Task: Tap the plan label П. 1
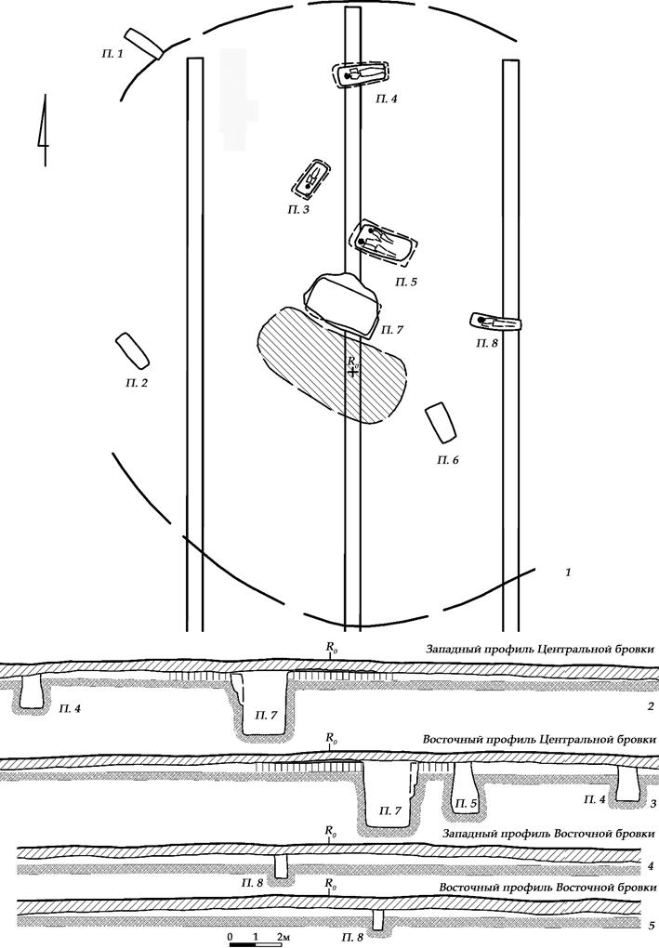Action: (112, 55)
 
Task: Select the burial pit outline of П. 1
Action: (144, 43)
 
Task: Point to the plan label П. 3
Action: (298, 210)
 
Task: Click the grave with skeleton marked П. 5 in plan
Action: (382, 244)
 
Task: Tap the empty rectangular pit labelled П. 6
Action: (440, 423)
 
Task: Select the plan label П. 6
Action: (448, 460)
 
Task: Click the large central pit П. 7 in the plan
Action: (341, 303)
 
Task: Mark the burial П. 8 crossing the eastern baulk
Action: (495, 323)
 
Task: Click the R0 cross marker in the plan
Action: (353, 370)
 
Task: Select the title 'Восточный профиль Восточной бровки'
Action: (541, 887)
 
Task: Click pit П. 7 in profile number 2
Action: (263, 704)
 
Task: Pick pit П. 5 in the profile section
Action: (465, 788)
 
